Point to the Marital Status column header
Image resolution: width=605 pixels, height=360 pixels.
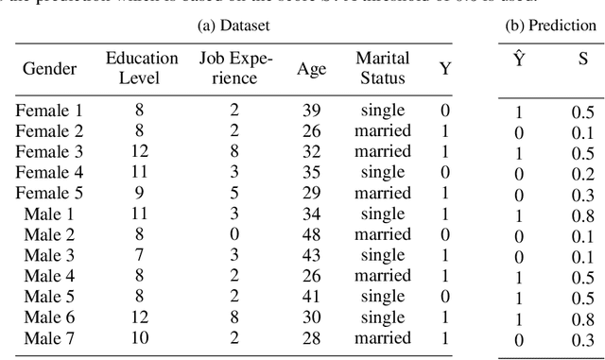[383, 68]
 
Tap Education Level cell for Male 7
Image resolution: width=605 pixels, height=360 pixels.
[140, 338]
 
